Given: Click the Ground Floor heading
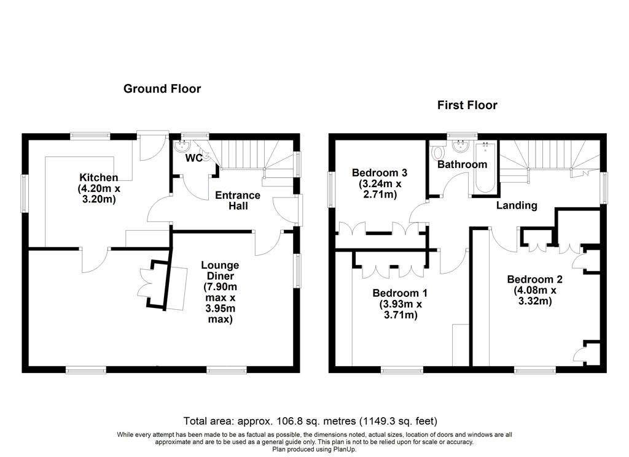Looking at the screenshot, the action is [x=162, y=88].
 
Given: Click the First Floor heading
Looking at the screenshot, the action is [x=467, y=105].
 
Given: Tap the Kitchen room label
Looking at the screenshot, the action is [x=99, y=177].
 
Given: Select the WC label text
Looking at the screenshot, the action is [x=193, y=158].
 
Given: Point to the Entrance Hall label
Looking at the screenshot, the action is [x=238, y=201].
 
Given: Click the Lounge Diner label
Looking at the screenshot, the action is [x=221, y=271].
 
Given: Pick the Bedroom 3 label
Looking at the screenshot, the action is [x=380, y=172].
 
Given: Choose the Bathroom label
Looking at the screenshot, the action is [x=462, y=164].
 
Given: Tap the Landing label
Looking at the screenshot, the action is [x=517, y=205].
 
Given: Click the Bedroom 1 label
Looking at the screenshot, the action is [x=400, y=293].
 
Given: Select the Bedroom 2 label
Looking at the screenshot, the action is [x=535, y=279].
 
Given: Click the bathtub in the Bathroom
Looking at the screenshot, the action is [x=485, y=168].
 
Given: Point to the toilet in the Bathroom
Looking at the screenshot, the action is [x=437, y=153].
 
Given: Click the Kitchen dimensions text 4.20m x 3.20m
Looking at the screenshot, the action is [x=99, y=193].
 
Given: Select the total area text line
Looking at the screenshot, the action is [x=310, y=421].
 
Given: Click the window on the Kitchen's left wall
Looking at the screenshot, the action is [x=25, y=193].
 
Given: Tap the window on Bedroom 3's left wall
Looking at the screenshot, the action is [x=332, y=190].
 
